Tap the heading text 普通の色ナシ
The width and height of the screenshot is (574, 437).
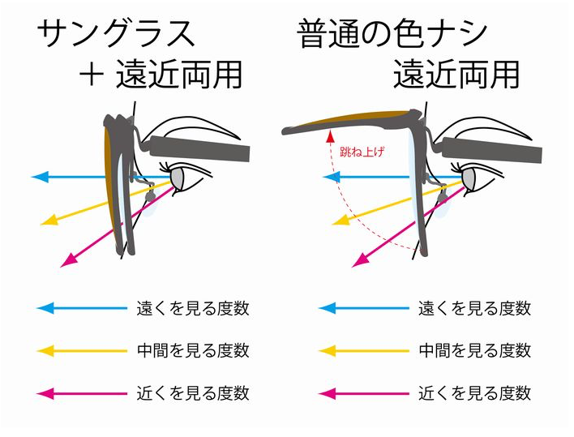click(x=392, y=34)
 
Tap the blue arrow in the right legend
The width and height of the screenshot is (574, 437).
click(x=364, y=308)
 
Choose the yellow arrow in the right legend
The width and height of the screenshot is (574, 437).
click(x=364, y=350)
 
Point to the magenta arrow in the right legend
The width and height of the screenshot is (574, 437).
click(x=364, y=393)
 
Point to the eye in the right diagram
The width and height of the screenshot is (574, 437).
click(x=469, y=177)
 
